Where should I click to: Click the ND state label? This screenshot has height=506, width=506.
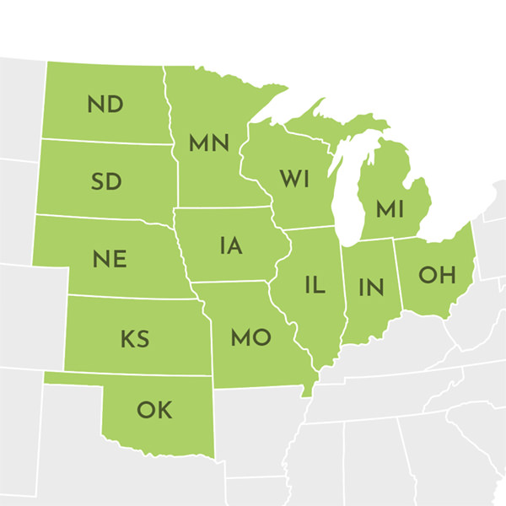click(105, 105)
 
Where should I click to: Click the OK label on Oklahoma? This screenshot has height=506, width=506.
click(153, 411)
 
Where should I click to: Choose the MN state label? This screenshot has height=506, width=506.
click(209, 144)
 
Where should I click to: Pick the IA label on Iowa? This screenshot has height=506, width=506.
click(230, 245)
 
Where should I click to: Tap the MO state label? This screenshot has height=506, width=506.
click(250, 338)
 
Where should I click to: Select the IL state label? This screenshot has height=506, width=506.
click(315, 285)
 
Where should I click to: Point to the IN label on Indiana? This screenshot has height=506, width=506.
click(370, 286)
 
